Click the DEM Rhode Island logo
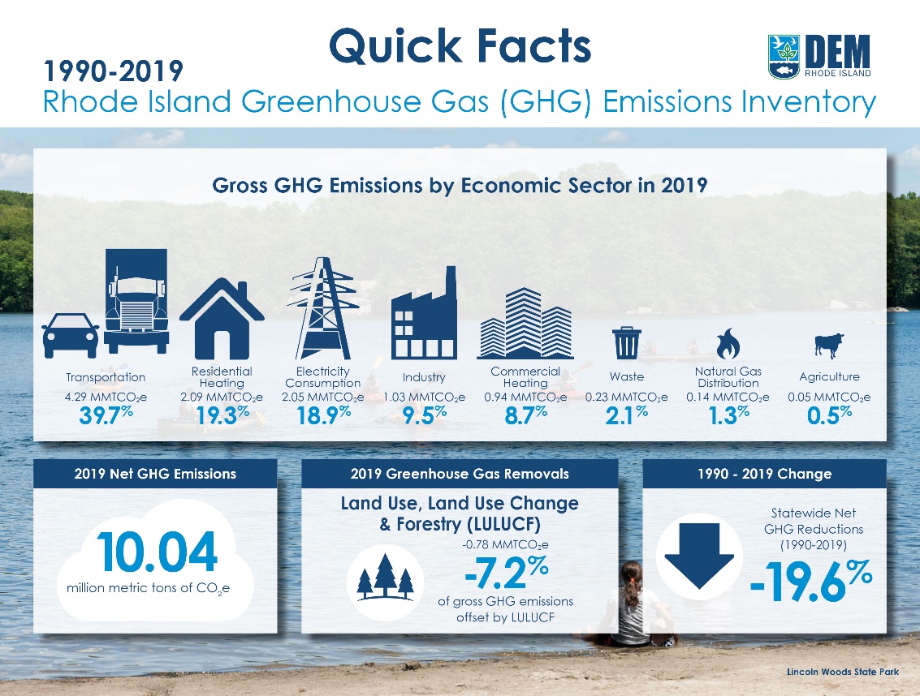click(819, 56)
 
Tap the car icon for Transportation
click(71, 335)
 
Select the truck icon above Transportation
click(136, 301)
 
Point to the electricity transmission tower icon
click(323, 308)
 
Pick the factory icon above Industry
click(424, 312)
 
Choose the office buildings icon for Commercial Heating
click(525, 323)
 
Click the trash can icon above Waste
click(627, 343)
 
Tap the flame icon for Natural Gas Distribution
click(728, 344)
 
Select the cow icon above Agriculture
click(829, 346)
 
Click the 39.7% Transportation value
click(106, 415)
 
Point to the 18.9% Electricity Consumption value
click(323, 415)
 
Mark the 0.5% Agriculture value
click(829, 415)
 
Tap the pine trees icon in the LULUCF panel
click(385, 577)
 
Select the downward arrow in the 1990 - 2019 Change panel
click(699, 556)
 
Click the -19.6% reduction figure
click(811, 581)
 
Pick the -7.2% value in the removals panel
click(507, 572)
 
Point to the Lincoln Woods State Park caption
click(843, 672)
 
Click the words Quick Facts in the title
click(460, 45)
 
